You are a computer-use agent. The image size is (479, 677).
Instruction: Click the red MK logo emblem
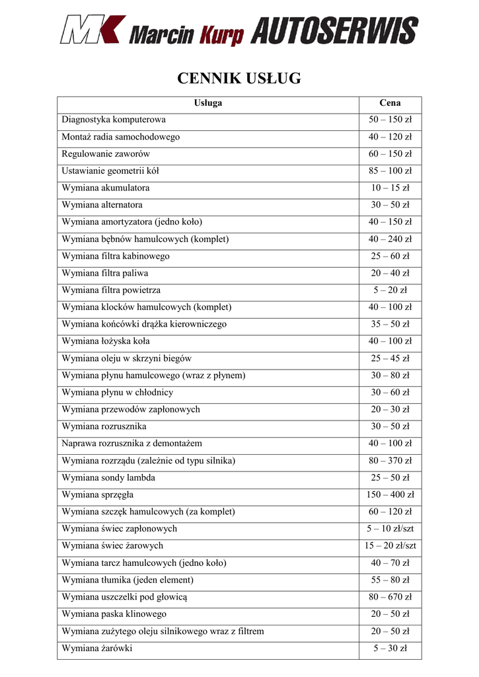pos(92,30)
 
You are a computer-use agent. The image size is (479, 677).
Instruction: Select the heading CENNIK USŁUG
pos(239,79)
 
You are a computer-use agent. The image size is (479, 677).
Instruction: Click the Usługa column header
pos(208,102)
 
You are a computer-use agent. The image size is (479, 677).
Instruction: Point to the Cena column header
pos(390,102)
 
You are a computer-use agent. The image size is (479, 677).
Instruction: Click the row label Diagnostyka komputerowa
pos(114,120)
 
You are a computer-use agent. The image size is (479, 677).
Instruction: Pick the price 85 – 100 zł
pos(390,171)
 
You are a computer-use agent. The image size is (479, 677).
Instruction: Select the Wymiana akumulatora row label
pos(106,188)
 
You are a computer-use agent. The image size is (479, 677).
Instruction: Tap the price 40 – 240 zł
pos(390,239)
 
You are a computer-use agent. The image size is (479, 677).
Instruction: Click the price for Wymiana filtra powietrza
pos(390,290)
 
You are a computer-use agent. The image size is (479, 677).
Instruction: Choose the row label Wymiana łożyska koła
pos(106,341)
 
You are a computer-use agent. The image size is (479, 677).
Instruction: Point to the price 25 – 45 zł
pos(390,358)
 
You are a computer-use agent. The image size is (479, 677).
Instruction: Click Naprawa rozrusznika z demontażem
pos(132,444)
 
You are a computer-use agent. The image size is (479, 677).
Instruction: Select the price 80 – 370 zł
pos(390,461)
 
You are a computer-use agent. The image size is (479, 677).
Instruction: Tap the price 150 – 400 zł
pos(390,495)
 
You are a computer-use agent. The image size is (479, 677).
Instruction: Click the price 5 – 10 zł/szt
pos(390,529)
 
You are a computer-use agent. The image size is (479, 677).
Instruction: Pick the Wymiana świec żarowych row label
pos(112,546)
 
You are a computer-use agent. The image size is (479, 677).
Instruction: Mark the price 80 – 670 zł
pos(390,597)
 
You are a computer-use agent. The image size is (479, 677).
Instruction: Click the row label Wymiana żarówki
pos(97,649)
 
